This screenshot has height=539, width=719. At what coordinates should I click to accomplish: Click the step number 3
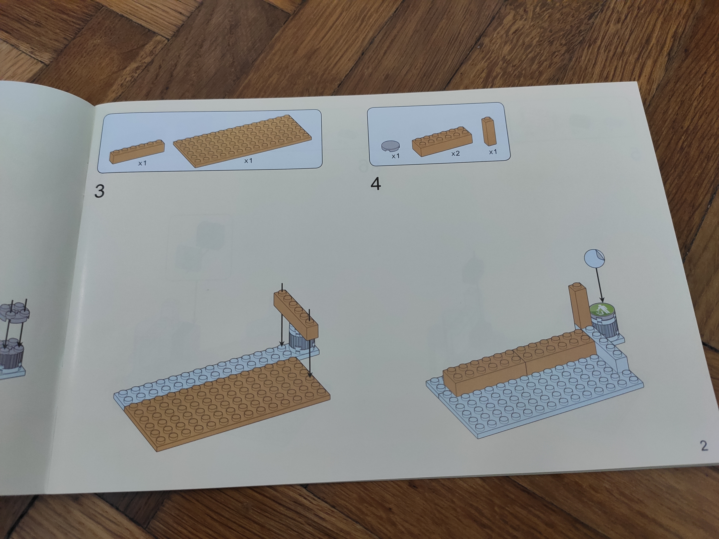pyautogui.click(x=99, y=191)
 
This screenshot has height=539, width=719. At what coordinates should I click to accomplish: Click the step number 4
pyautogui.click(x=375, y=184)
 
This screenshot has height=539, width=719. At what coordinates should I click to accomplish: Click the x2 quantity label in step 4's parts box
pyautogui.click(x=455, y=153)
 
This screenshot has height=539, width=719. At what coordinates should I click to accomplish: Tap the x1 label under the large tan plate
pyautogui.click(x=248, y=160)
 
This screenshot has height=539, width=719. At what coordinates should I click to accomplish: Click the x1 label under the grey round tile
pyautogui.click(x=395, y=156)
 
